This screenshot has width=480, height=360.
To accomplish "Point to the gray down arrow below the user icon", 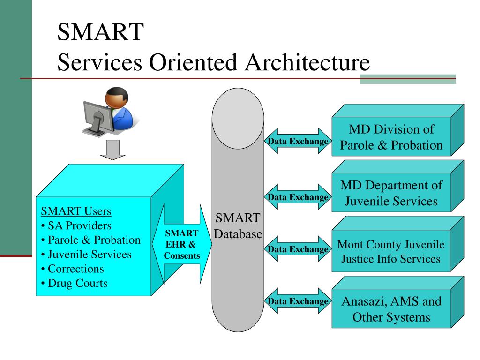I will pos(113,150).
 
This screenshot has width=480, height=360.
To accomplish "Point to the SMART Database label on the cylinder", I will pos(238,225).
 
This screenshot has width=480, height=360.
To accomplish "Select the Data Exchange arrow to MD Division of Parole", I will pos(298,141).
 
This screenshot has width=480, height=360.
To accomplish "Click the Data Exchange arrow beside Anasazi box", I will pos(298,301).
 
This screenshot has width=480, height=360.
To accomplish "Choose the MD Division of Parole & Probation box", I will pos(391,137).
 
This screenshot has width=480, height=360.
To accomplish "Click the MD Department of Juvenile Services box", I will pos(391,193).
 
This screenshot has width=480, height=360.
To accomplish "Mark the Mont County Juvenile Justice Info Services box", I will pos(391,252).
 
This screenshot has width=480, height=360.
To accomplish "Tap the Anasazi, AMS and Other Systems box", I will pos(391,309).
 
